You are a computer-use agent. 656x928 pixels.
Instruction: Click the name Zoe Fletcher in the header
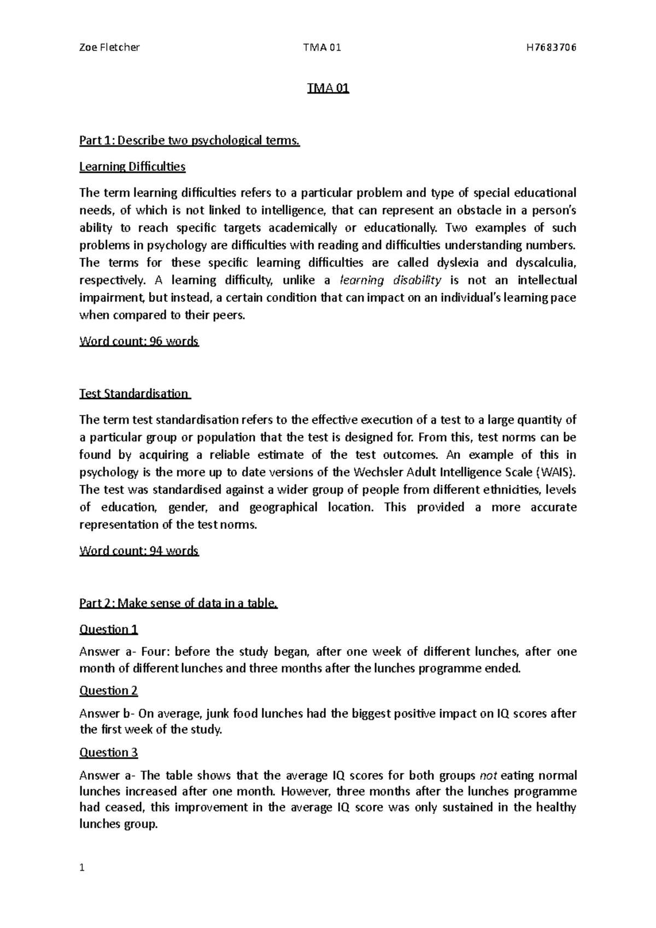(109, 47)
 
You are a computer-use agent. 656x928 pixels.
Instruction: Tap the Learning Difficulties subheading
(132, 167)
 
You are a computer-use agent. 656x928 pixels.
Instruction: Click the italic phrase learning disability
(390, 280)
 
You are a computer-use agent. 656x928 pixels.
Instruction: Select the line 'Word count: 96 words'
(139, 342)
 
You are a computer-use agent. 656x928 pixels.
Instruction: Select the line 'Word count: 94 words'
(139, 551)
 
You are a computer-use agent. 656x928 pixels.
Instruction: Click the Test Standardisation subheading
(134, 394)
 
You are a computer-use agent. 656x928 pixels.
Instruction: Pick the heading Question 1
(108, 630)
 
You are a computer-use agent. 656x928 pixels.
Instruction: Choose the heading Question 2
(108, 691)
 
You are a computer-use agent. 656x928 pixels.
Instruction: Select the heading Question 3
(108, 753)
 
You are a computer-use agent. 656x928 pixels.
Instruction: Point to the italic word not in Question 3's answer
(488, 776)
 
